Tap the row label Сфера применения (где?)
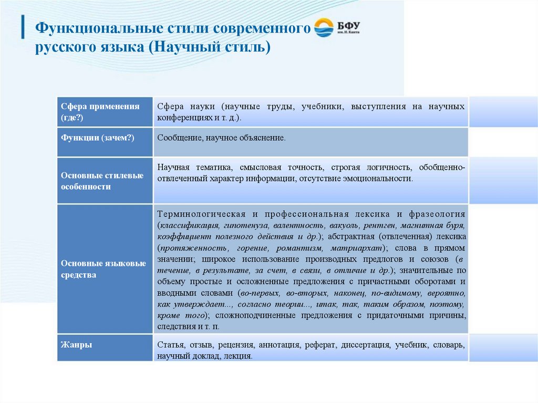[x=100, y=112]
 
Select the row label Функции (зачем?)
[x=98, y=138]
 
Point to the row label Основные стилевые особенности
[x=102, y=181]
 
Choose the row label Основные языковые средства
[x=103, y=268]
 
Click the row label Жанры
[x=76, y=345]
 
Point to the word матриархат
[x=356, y=248]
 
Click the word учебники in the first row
[x=322, y=106]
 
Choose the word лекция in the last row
[x=239, y=356]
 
